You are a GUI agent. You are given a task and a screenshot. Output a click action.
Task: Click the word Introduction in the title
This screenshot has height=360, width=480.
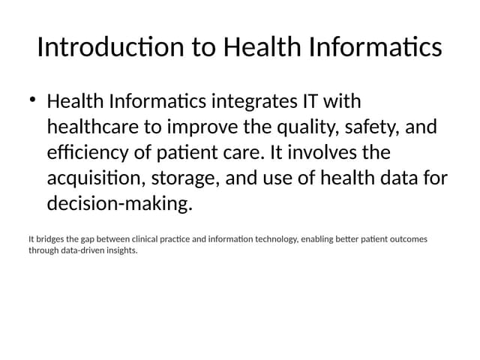(110, 47)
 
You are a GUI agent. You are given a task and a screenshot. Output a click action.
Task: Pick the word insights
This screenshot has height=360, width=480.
(121, 250)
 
